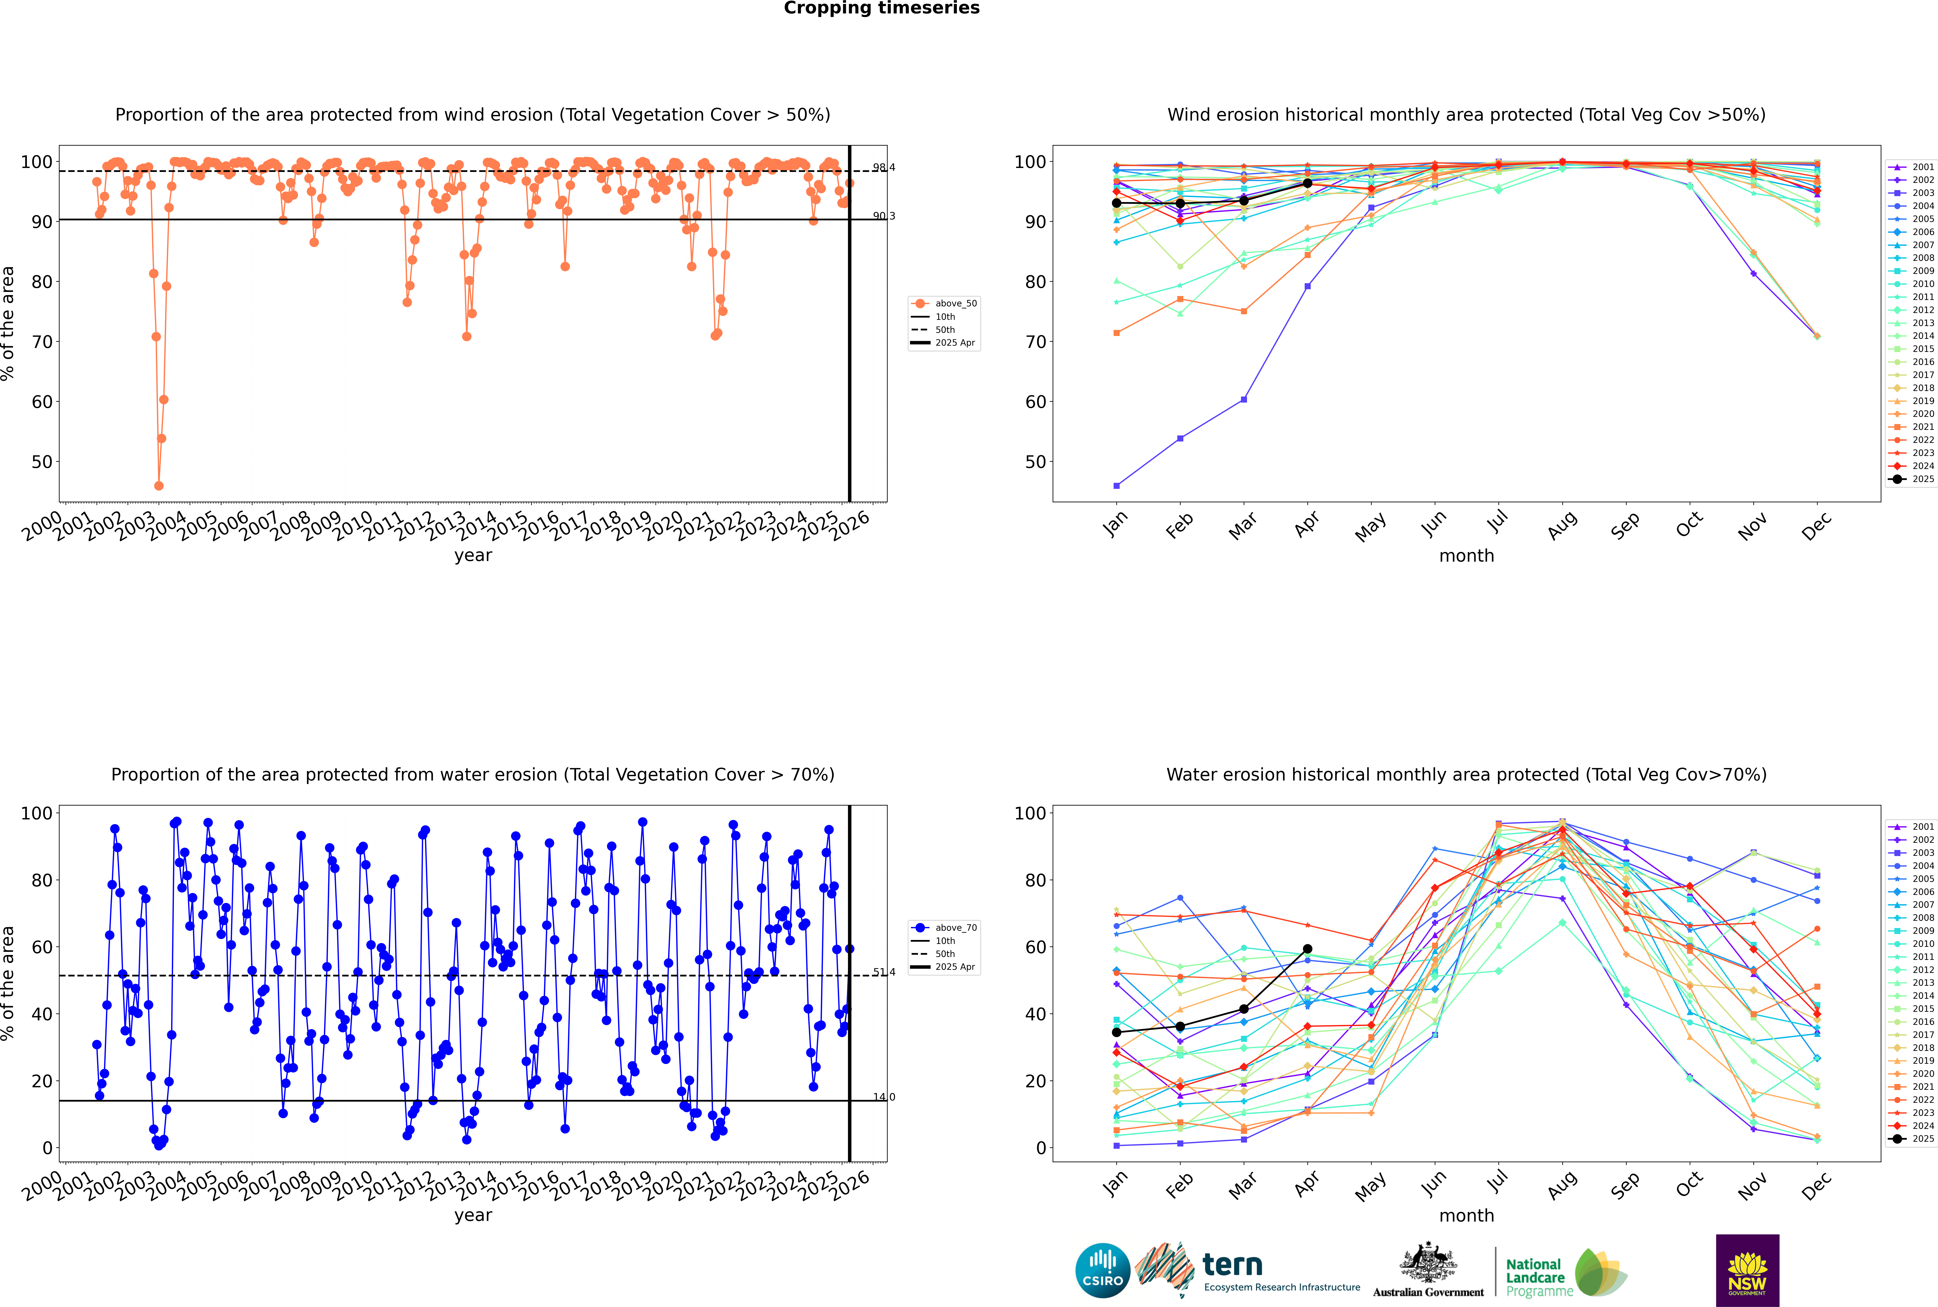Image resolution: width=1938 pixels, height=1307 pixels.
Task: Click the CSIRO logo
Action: [1102, 1270]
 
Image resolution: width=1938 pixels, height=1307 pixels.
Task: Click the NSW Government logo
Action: [1747, 1270]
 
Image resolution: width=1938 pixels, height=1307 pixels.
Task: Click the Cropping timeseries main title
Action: [881, 8]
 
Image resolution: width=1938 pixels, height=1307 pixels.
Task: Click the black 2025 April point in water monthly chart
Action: [1307, 948]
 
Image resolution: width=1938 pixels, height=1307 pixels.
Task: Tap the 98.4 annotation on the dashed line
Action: [884, 168]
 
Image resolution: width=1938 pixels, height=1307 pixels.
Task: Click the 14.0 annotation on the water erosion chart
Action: [884, 1097]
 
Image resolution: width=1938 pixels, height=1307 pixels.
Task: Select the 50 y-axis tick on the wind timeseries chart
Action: [42, 462]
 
